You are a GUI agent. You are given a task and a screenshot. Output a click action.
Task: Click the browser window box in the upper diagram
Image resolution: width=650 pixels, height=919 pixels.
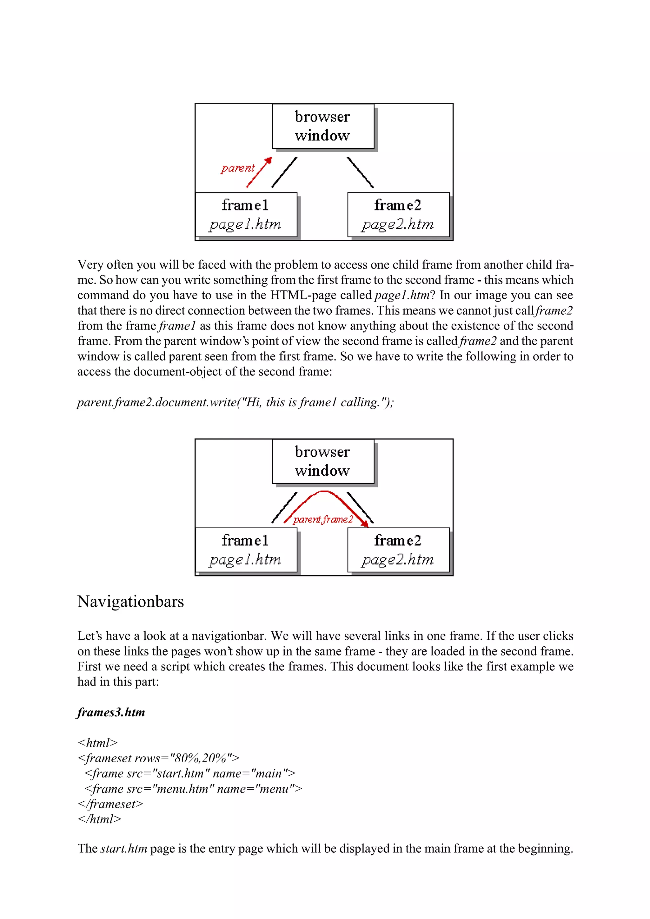(x=323, y=126)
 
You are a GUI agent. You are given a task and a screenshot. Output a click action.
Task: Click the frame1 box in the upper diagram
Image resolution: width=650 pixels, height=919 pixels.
(x=246, y=215)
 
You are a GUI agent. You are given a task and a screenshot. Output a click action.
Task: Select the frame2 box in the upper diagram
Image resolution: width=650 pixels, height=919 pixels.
(x=398, y=215)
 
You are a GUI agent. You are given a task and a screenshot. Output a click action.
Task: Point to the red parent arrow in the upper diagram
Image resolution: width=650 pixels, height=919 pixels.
(x=259, y=173)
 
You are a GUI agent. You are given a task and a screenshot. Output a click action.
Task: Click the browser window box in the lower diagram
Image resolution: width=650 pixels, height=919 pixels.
(x=323, y=461)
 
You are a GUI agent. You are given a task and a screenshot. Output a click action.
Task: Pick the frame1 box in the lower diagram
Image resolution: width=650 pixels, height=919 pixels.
(x=246, y=550)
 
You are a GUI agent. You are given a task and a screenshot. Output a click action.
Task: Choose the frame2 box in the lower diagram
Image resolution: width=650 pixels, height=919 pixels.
(x=398, y=550)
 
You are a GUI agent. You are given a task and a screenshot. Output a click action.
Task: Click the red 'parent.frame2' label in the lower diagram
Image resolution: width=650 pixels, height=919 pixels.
(x=323, y=519)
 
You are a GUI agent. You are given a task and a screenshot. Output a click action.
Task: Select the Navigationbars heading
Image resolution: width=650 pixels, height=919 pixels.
(x=130, y=602)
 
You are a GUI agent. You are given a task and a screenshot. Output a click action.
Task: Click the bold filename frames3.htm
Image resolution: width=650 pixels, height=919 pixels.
(x=111, y=713)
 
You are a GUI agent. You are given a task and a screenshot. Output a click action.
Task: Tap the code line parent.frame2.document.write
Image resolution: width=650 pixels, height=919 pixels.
(x=235, y=402)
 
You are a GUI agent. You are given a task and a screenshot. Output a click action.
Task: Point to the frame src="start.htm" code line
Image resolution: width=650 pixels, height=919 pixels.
(x=190, y=773)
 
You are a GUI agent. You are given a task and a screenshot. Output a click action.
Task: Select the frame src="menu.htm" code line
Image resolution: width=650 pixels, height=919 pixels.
(x=193, y=789)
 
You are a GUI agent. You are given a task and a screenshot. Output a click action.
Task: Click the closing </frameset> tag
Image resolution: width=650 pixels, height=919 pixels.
(x=110, y=804)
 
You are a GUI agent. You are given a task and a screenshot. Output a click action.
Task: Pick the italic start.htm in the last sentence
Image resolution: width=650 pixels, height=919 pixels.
(x=124, y=849)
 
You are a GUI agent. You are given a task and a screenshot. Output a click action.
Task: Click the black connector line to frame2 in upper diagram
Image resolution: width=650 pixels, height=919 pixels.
(x=360, y=173)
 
